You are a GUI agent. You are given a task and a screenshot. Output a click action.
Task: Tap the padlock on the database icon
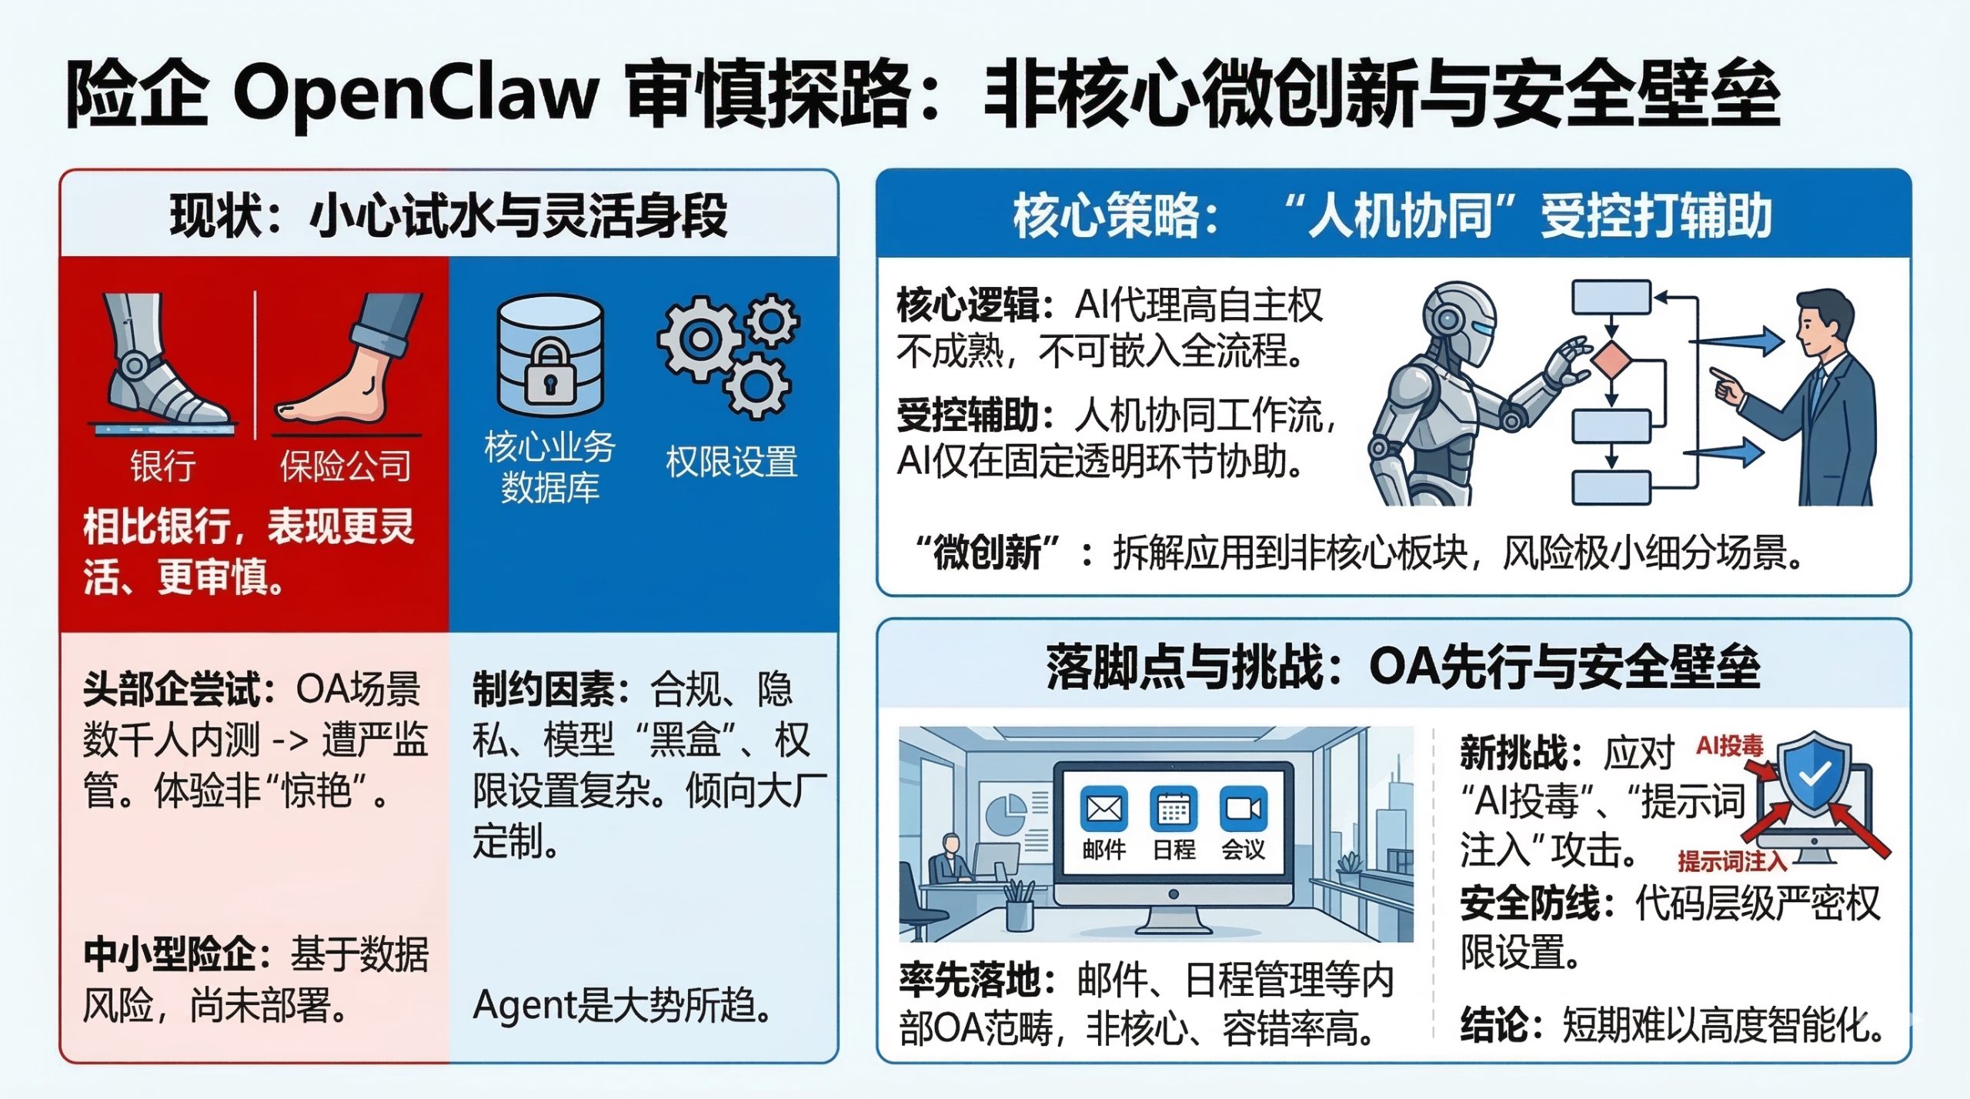click(549, 374)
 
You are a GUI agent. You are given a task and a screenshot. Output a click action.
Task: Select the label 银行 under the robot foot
click(162, 466)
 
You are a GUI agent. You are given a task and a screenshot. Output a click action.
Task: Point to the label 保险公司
click(346, 466)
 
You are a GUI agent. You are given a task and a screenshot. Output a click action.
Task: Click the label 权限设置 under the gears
click(731, 462)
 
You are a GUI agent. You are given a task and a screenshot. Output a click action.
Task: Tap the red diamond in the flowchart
click(1611, 361)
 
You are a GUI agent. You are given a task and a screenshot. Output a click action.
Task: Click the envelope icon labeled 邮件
click(1104, 809)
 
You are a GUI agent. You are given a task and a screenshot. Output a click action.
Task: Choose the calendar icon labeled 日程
click(1173, 809)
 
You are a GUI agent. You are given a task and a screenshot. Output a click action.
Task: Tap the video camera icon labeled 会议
click(1243, 809)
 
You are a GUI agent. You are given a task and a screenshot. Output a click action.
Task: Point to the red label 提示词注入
click(1731, 861)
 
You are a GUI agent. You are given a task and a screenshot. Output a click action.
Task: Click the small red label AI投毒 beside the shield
click(1729, 745)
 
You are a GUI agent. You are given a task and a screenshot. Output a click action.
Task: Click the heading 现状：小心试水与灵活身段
click(449, 215)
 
